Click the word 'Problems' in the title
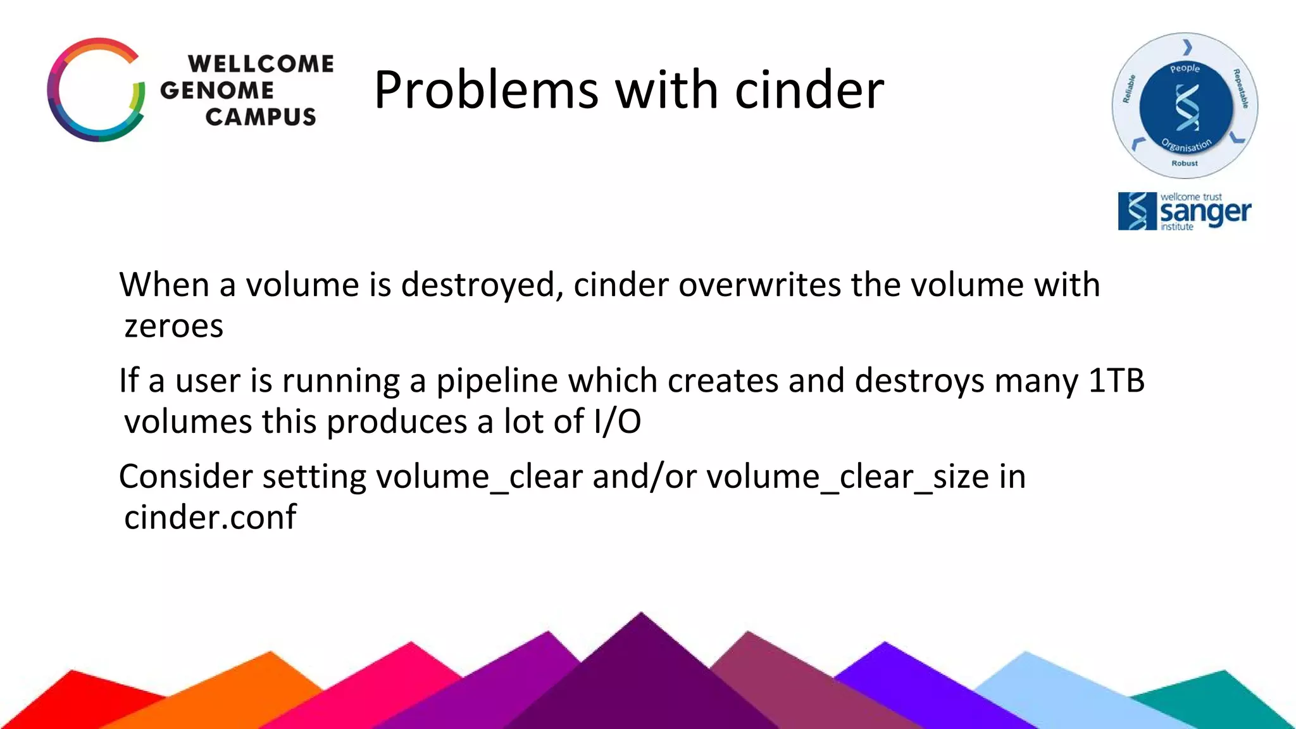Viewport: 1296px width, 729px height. (485, 90)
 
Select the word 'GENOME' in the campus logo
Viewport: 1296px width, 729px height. (217, 90)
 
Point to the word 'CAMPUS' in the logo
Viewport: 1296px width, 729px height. (260, 117)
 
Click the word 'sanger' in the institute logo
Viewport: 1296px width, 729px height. (1205, 213)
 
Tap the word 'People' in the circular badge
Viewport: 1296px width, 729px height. (1185, 68)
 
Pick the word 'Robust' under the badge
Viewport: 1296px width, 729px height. (1185, 163)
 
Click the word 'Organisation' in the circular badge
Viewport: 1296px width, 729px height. (1187, 146)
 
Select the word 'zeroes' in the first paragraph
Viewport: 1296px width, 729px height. (174, 327)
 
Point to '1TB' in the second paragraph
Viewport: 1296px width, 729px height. (1116, 381)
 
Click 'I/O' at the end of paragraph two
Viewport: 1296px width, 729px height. (618, 422)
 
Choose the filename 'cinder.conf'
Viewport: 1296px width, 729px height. (210, 518)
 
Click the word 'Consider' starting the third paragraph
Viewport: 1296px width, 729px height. (185, 477)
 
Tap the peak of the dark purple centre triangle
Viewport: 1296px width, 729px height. (641, 615)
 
